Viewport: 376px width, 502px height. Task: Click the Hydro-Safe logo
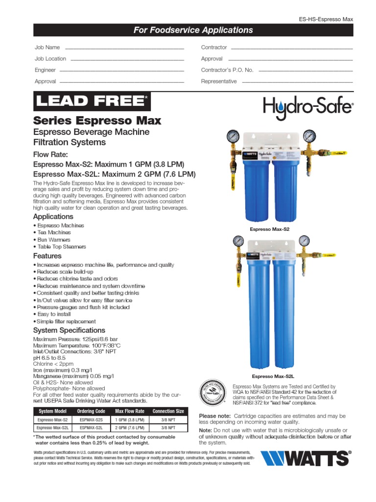(x=308, y=106)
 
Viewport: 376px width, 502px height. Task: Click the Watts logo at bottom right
(x=305, y=459)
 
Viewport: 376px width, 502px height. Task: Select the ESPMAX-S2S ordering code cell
(x=91, y=420)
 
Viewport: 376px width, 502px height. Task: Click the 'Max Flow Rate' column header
(x=130, y=411)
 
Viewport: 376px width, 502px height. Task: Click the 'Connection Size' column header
(x=168, y=411)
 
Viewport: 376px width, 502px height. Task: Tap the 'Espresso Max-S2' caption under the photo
(x=270, y=229)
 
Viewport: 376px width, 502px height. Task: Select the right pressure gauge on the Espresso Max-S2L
(x=304, y=241)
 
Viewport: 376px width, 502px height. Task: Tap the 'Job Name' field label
(x=47, y=48)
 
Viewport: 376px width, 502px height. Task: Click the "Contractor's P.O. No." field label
(x=227, y=70)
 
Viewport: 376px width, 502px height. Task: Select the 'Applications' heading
(x=53, y=217)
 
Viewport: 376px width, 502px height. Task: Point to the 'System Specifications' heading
(x=69, y=330)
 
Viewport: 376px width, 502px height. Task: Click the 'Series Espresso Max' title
(x=97, y=120)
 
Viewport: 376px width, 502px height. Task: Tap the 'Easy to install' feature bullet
(x=53, y=314)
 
